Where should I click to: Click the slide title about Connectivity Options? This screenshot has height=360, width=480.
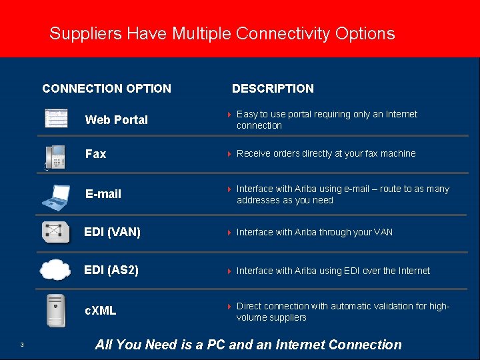222,33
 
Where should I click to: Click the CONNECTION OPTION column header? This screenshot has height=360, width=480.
107,88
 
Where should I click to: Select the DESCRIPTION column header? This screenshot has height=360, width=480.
273,88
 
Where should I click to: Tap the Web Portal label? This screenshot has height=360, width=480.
117,120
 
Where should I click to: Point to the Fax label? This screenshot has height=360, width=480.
95,154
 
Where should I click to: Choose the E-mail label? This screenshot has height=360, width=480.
103,194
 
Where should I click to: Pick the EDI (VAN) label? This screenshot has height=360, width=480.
112,232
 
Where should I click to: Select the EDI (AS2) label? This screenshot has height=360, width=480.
111,270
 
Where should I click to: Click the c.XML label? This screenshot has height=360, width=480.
100,310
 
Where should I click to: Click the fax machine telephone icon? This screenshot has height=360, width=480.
55,157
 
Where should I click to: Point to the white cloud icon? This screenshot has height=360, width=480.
55,269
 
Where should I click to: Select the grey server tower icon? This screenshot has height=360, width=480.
56,310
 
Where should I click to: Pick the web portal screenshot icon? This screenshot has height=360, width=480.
56,118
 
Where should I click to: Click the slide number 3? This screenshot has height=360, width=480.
22,345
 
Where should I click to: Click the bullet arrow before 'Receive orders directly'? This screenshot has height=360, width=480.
229,154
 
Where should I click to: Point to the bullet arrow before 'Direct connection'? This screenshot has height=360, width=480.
229,307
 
